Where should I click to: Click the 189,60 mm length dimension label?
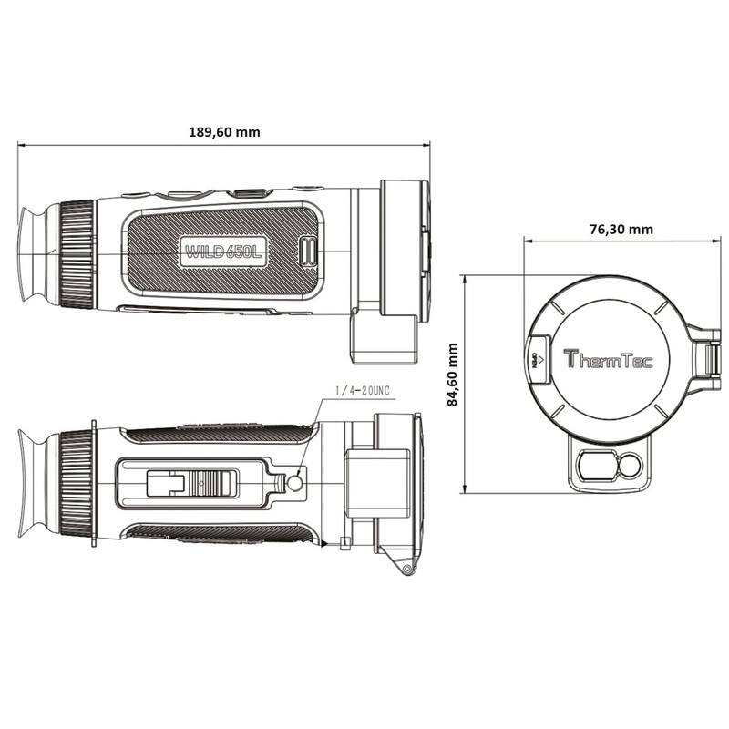tap(224, 132)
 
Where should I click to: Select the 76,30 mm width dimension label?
tap(621, 230)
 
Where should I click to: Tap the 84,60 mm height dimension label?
tap(452, 375)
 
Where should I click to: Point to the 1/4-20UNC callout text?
tap(363, 391)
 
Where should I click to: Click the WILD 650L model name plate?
tap(223, 252)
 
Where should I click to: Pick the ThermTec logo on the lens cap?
tap(609, 359)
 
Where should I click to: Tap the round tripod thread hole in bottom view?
tap(294, 484)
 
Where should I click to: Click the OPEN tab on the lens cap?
tap(538, 359)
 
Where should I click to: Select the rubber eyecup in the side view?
tap(33, 254)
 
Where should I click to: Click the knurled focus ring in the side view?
tap(77, 254)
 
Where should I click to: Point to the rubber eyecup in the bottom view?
tap(33, 484)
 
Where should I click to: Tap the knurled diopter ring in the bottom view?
tap(77, 484)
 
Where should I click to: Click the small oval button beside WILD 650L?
tap(308, 252)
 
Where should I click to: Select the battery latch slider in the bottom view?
tap(192, 484)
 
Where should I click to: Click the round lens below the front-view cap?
tap(630, 467)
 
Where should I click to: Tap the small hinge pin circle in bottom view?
tap(407, 569)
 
